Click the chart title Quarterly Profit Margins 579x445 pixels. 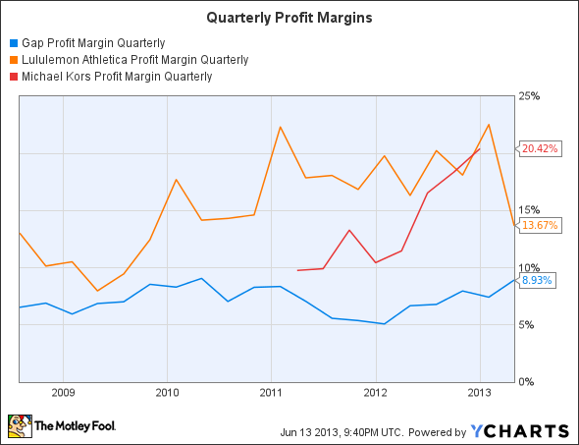pyautogui.click(x=289, y=18)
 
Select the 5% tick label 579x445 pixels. pyautogui.click(x=528, y=324)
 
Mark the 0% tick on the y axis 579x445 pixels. pyautogui.click(x=528, y=381)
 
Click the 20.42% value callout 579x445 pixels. pyautogui.click(x=539, y=149)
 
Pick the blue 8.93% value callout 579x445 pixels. pyautogui.click(x=537, y=280)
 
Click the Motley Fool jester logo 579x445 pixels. pyautogui.click(x=19, y=426)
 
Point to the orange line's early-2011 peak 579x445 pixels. pyautogui.click(x=280, y=128)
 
